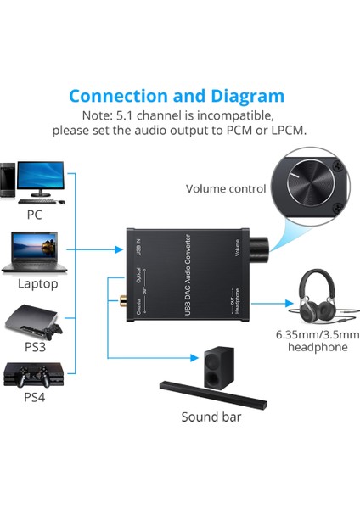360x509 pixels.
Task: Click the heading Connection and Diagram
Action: click(176, 96)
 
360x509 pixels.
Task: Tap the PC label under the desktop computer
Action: click(34, 214)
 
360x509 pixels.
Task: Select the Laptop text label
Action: click(38, 283)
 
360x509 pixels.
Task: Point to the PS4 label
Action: click(35, 395)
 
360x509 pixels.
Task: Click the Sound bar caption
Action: click(211, 417)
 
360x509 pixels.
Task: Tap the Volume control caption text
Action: click(226, 189)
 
